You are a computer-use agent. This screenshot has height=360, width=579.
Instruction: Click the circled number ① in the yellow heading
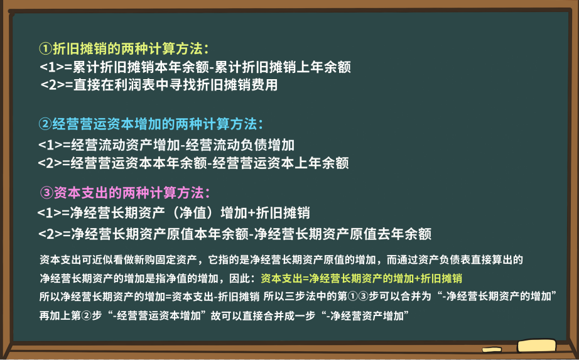pyautogui.click(x=45, y=48)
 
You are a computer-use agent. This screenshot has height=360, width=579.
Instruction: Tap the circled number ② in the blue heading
pyautogui.click(x=45, y=123)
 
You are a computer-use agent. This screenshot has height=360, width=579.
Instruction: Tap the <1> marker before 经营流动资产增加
pyautogui.click(x=50, y=145)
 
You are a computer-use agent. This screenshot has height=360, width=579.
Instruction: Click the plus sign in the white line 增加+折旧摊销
pyautogui.click(x=251, y=212)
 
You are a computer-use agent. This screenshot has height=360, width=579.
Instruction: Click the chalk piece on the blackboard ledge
pyautogui.click(x=536, y=345)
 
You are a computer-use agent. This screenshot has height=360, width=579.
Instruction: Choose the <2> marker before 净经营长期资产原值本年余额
pyautogui.click(x=50, y=234)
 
